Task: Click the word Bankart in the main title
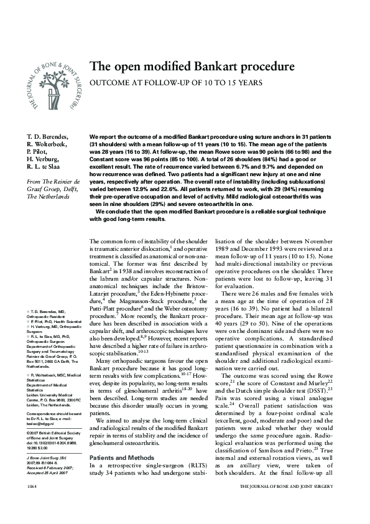201,66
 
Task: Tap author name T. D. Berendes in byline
47,136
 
